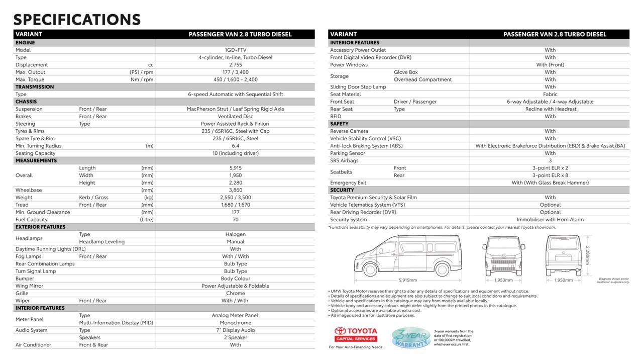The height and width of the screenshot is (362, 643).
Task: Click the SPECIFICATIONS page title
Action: (x=77, y=20)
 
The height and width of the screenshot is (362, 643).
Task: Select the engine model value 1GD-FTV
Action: (x=235, y=50)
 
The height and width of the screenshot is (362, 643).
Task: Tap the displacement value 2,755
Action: (x=235, y=65)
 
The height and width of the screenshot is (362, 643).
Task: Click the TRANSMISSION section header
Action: (x=35, y=87)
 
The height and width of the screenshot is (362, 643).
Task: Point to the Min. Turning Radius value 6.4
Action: (x=235, y=146)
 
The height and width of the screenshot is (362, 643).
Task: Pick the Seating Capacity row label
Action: (x=35, y=153)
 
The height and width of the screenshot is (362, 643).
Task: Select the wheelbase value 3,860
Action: (x=235, y=190)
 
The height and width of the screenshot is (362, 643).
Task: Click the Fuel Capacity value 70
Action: (x=235, y=220)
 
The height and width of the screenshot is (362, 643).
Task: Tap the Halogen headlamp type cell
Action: (x=235, y=234)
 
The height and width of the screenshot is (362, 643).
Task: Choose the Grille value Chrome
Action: (x=235, y=293)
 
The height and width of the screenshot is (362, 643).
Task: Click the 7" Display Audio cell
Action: (x=235, y=330)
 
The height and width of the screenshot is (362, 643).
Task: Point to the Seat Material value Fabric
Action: (x=550, y=95)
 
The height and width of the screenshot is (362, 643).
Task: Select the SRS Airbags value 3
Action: (x=550, y=161)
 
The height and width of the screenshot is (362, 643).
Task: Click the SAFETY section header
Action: (x=339, y=124)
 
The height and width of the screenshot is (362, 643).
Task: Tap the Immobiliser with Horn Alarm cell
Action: (x=550, y=220)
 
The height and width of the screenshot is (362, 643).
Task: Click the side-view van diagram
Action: (x=408, y=256)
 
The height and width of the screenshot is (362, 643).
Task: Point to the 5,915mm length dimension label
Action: (x=408, y=280)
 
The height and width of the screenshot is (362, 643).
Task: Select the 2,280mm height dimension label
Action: (x=587, y=255)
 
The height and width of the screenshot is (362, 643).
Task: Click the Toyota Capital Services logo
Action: (x=356, y=334)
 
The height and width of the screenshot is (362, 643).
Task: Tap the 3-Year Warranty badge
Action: (x=410, y=338)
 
